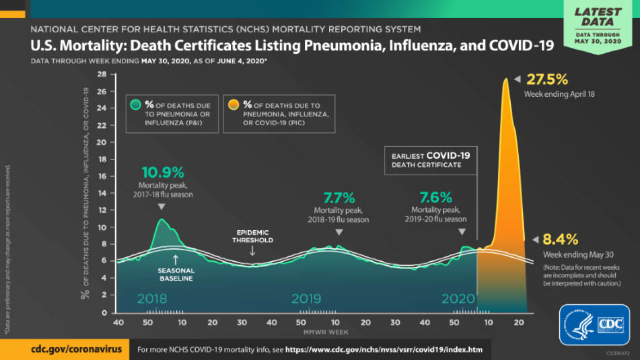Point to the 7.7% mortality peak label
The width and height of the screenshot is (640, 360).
click(339, 198)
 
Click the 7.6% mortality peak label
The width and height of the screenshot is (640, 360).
click(436, 198)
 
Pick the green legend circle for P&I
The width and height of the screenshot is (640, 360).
click(135, 105)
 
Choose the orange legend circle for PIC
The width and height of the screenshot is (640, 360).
click(233, 105)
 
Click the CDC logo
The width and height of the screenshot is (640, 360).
click(594, 324)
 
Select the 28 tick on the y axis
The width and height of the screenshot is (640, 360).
click(102, 74)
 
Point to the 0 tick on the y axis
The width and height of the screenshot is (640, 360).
click(104, 313)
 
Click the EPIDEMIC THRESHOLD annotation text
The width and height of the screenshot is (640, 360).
click(253, 236)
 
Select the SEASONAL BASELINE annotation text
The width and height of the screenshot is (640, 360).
click(176, 275)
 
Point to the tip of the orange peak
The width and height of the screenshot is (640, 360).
click(505, 79)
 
